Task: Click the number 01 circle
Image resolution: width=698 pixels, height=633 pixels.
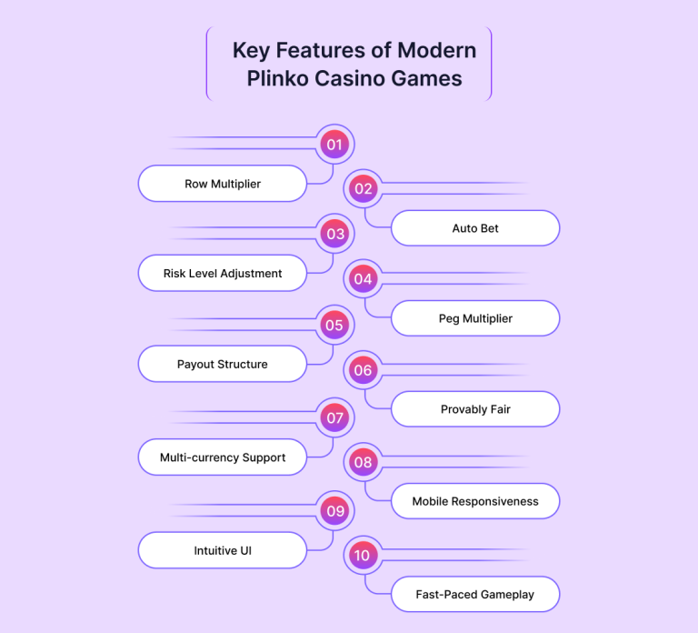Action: pos(334,144)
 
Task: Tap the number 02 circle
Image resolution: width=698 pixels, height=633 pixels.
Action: pos(364,189)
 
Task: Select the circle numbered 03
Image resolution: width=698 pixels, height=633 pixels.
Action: pos(334,234)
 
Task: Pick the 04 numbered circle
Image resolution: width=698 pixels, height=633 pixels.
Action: pos(364,279)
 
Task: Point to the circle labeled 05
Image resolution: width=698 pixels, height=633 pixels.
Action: pos(334,325)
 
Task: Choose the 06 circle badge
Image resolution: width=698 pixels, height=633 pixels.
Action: pos(364,370)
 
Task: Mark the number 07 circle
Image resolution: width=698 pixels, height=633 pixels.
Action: pos(334,418)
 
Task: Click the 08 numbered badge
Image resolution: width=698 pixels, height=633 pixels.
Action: pos(364,462)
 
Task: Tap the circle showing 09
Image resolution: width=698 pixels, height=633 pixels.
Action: pos(334,510)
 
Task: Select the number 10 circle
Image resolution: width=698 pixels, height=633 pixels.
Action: pos(364,556)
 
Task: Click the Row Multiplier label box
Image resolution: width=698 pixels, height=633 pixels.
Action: pos(223,184)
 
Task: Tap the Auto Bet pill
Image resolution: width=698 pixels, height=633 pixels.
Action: pos(475,228)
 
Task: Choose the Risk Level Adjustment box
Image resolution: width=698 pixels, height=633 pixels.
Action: pos(223,273)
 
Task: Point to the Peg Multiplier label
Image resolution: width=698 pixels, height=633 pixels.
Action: pos(475,318)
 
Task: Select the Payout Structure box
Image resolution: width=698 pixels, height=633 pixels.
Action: pos(223,364)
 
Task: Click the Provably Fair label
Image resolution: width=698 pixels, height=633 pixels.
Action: pos(475,409)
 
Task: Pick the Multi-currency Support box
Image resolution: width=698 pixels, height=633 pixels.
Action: pos(223,457)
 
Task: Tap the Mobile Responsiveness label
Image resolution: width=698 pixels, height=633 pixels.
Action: pos(475,501)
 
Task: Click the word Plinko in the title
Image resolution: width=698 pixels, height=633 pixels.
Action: pos(276,78)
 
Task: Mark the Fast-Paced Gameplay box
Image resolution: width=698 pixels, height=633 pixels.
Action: pos(475,595)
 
